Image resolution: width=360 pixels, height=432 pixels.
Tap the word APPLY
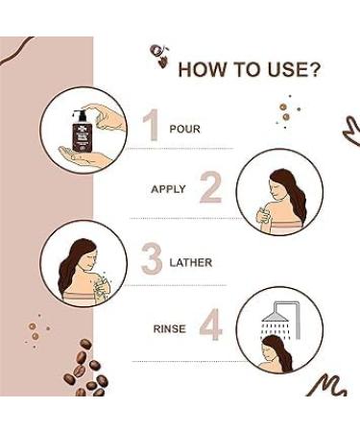[x=168, y=189]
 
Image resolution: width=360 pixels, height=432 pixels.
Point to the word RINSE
[x=169, y=328]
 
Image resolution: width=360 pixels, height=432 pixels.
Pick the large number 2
[x=210, y=188]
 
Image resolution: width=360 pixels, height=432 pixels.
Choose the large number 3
[x=152, y=260]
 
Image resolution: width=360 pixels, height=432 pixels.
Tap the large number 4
[x=210, y=327]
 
